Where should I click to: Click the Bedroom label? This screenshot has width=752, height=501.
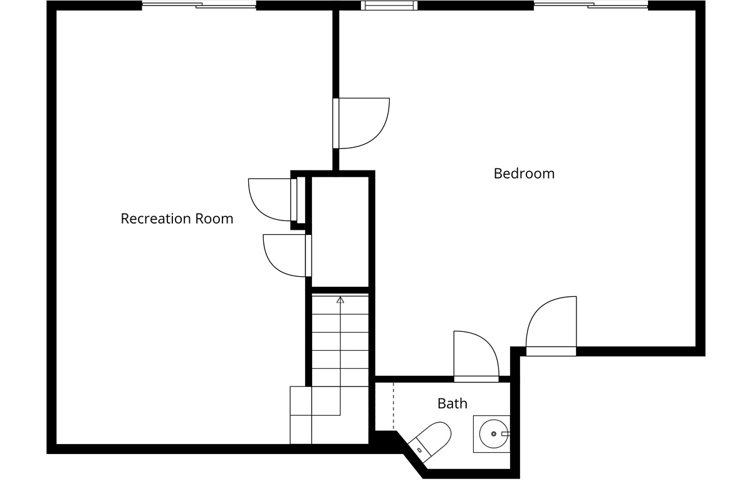(524, 174)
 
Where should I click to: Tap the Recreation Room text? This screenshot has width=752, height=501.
(177, 219)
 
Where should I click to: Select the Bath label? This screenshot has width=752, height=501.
(452, 403)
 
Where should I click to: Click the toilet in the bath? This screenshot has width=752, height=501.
(431, 442)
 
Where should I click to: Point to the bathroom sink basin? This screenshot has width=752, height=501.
(494, 434)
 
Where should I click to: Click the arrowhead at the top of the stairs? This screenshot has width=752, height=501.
(340, 299)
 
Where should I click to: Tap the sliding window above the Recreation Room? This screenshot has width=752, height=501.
(199, 6)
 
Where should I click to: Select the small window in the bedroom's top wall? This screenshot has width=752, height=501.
(389, 6)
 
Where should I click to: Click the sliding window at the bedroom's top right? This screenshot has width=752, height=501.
(591, 6)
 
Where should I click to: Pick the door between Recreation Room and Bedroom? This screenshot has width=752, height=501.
(361, 123)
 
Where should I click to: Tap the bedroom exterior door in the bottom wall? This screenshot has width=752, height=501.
(551, 323)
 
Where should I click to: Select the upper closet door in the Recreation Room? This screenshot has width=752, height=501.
(273, 200)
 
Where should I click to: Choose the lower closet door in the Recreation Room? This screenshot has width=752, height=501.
(287, 256)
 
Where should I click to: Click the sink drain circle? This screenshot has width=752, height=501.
(494, 434)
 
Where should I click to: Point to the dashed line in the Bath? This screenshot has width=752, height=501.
(394, 406)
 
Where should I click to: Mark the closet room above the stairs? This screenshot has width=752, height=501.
(340, 232)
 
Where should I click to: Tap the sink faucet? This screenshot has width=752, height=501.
(506, 434)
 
